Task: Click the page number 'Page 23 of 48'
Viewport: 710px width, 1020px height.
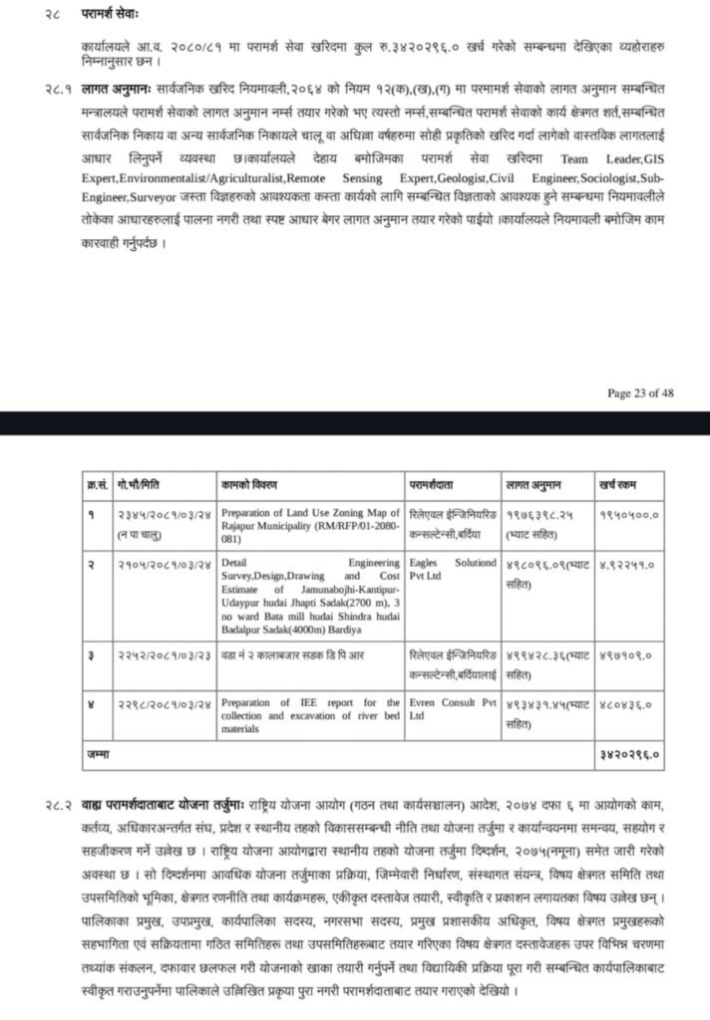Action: point(640,392)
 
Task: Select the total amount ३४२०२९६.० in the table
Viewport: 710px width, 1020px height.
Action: point(630,756)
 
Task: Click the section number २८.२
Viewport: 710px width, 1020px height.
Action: point(54,803)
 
